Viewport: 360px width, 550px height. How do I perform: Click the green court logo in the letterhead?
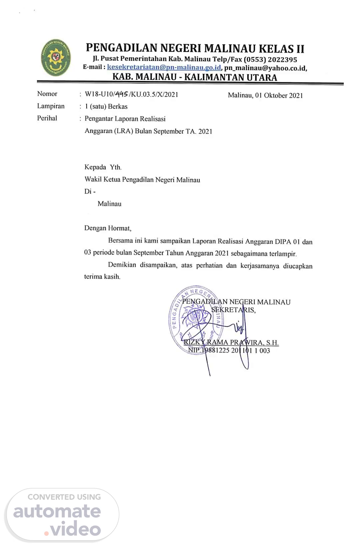coord(56,58)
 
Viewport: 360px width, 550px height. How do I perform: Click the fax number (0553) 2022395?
coord(270,60)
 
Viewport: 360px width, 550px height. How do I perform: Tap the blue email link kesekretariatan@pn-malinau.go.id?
coord(164,67)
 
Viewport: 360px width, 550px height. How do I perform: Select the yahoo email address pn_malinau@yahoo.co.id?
coord(265,68)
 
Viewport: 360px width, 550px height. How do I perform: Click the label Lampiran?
coord(51,106)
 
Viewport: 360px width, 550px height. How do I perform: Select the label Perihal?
coord(47,118)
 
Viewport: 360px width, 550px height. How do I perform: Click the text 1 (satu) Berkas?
coord(106,106)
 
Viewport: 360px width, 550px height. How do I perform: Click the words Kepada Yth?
coord(103,167)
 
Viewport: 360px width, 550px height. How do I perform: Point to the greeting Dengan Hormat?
coord(108,228)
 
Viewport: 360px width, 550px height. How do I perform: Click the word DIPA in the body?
coord(283,242)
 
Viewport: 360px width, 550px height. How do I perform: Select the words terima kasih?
coord(102,277)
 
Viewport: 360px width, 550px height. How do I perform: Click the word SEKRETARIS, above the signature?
coord(233,310)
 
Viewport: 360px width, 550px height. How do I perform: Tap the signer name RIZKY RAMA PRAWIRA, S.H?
coord(231,342)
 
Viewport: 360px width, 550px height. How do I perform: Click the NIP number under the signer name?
coord(229,350)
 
